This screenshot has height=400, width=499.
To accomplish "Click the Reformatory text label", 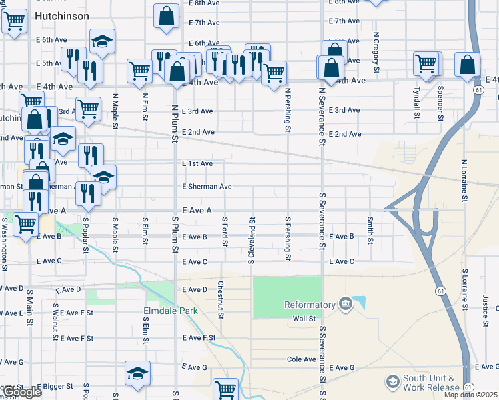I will (x=309, y=305).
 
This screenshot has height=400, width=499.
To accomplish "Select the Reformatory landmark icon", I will (x=345, y=305).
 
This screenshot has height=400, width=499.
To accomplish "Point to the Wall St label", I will (x=304, y=319).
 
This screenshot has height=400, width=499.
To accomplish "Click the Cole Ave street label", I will (x=301, y=359).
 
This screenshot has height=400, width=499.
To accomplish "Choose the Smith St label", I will (x=369, y=228).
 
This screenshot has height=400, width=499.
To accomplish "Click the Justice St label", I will (x=486, y=305).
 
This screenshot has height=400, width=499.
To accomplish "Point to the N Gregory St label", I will (x=376, y=52).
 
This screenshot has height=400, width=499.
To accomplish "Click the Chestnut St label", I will (x=219, y=294).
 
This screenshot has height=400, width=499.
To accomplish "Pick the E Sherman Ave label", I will (x=207, y=187).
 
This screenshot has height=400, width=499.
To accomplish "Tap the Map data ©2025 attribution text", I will (x=471, y=395).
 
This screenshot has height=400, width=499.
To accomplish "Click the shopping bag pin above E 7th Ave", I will (x=166, y=17).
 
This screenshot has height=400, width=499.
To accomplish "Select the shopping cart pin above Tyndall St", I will (x=426, y=64).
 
